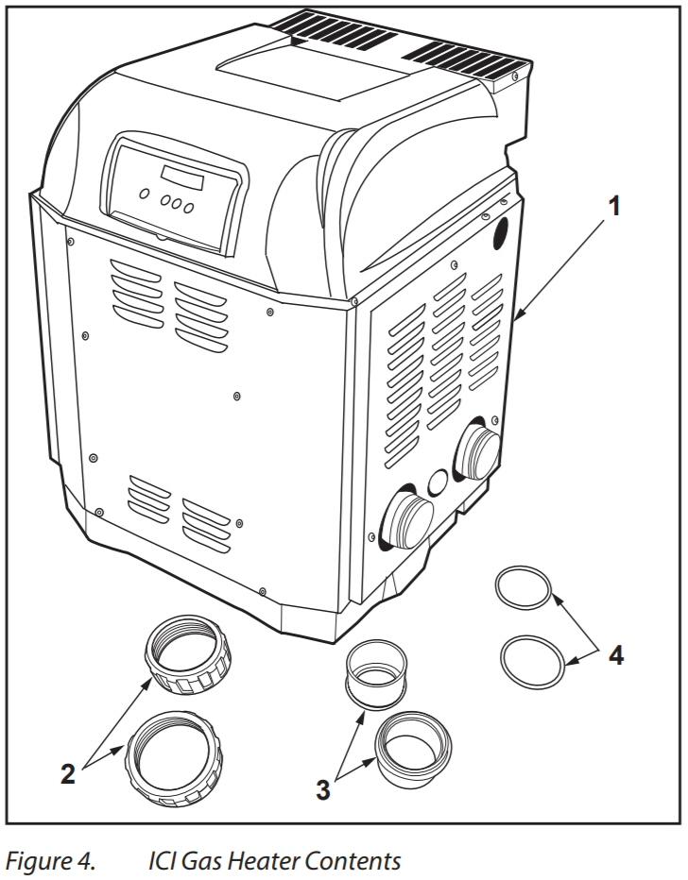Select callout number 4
(615, 654)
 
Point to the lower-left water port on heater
(407, 519)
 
